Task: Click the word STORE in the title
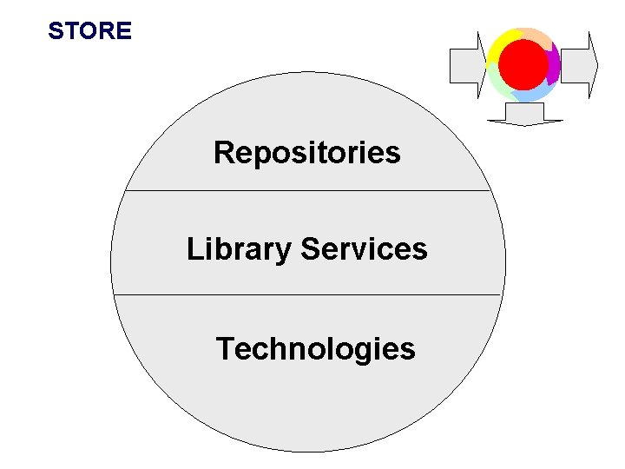coord(89,31)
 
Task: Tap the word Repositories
coord(306,153)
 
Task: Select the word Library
coord(239,250)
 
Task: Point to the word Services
coord(364,249)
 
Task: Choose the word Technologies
coord(315,349)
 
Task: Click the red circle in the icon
coord(524,63)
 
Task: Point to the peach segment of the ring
coord(536,36)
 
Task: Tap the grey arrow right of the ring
coord(580,65)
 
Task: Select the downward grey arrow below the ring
coord(524,114)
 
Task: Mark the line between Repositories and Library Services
coord(307,190)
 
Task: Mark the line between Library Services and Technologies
coord(307,294)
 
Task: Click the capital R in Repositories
coord(224,153)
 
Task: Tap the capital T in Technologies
coord(226,349)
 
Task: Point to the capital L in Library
coord(194,250)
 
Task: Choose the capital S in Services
coord(309,249)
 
